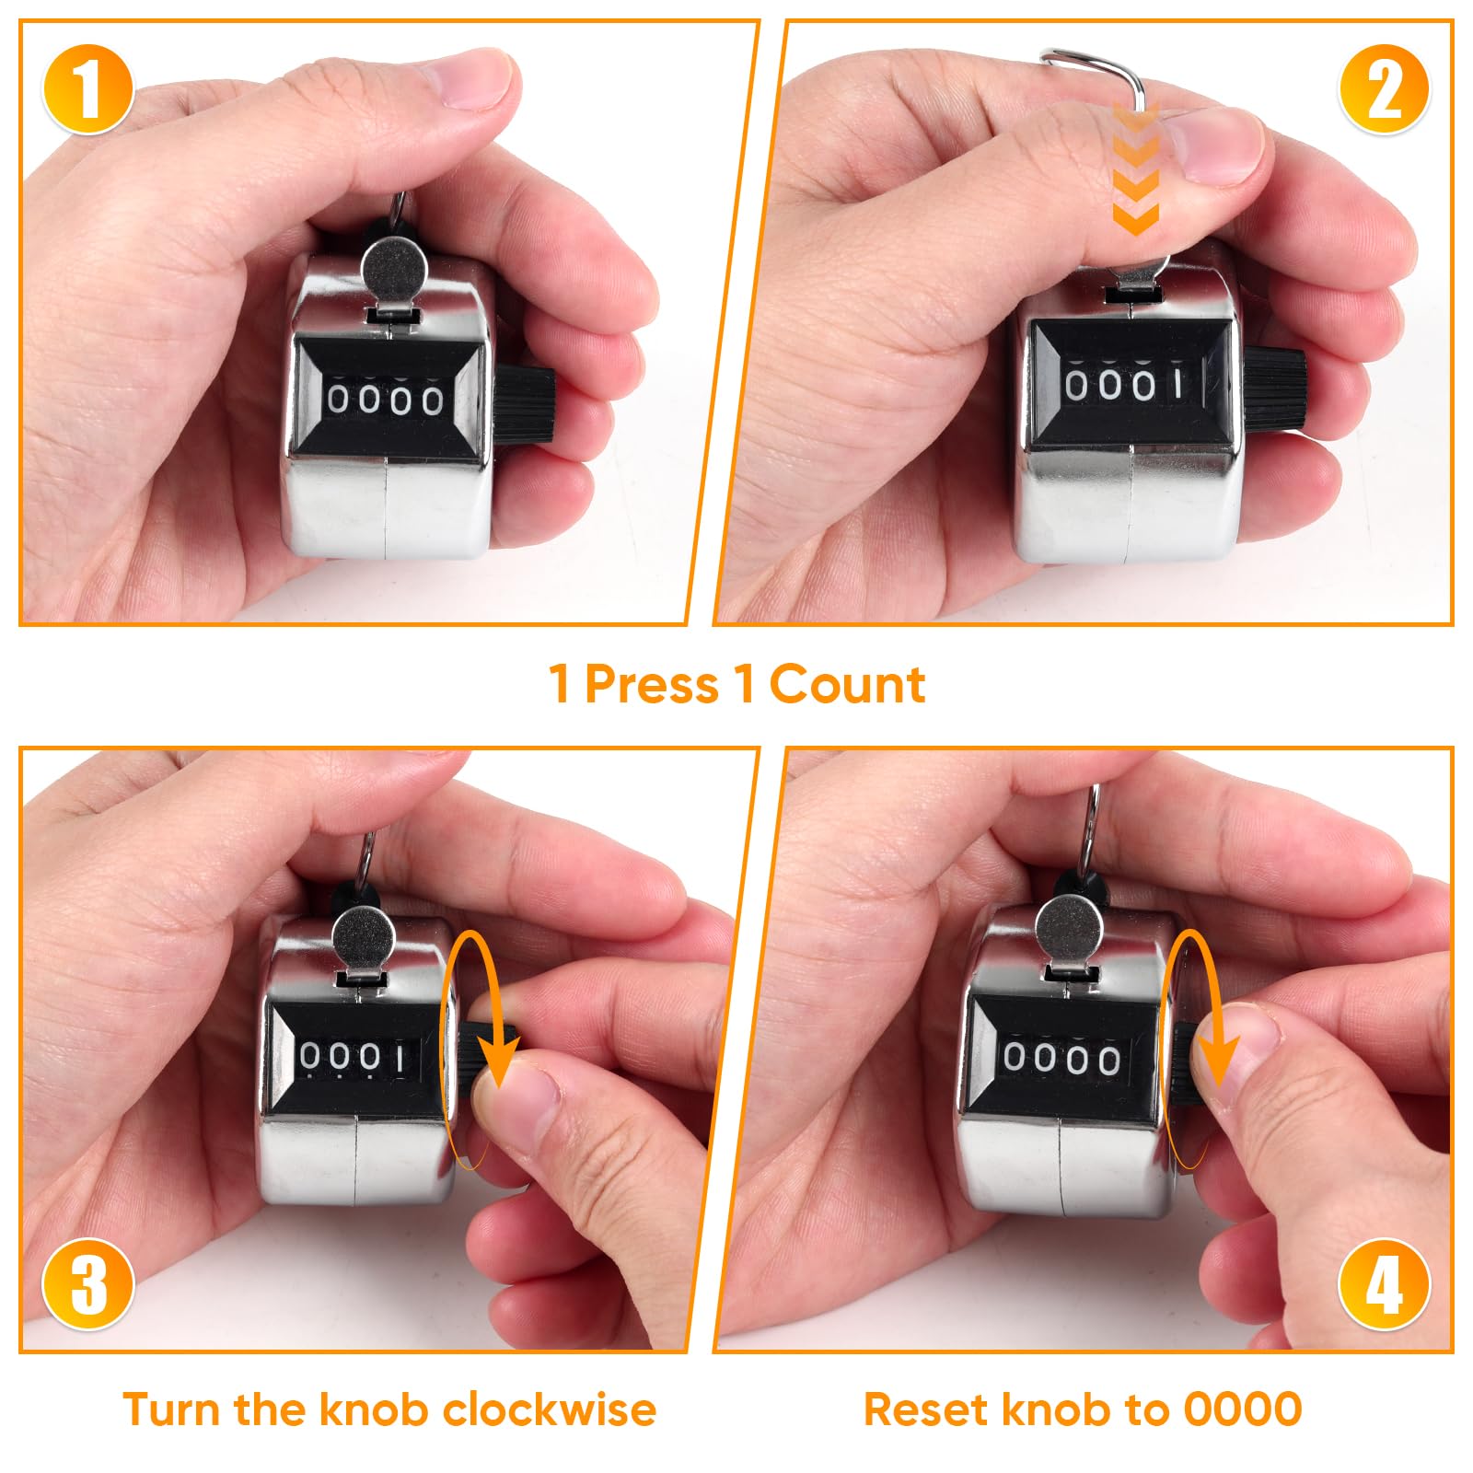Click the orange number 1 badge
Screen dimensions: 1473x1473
[x=87, y=88]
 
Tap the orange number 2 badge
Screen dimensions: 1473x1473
[x=1384, y=88]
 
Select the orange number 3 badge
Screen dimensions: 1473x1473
[x=88, y=1283]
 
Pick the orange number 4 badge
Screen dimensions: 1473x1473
[x=1384, y=1283]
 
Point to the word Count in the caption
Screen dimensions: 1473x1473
[x=847, y=685]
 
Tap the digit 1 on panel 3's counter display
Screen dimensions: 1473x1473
[x=400, y=1060]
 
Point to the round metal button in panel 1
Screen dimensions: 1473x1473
[x=394, y=266]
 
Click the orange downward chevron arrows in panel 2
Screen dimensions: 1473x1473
[x=1135, y=168]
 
